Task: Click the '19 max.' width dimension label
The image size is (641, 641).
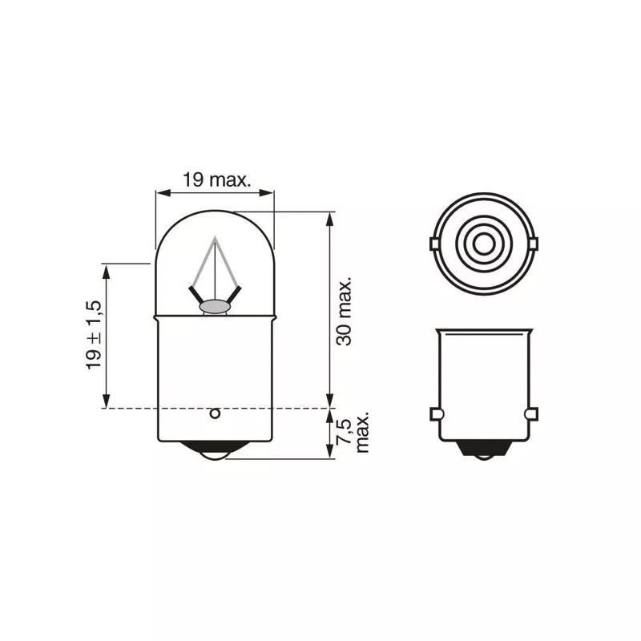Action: click(x=216, y=179)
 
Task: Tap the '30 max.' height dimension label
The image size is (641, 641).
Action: click(x=344, y=312)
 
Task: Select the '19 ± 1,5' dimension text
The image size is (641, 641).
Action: click(x=94, y=335)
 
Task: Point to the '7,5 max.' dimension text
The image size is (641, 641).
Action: click(x=352, y=432)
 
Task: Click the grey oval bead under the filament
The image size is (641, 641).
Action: click(x=215, y=306)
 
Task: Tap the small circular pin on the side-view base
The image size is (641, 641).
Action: click(x=215, y=413)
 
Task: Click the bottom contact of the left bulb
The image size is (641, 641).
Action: click(x=215, y=450)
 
